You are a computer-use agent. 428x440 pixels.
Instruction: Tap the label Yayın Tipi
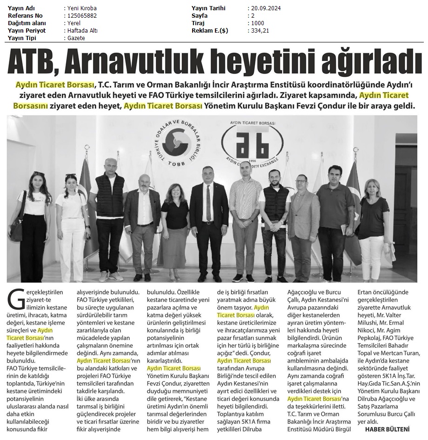coord(23,38)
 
